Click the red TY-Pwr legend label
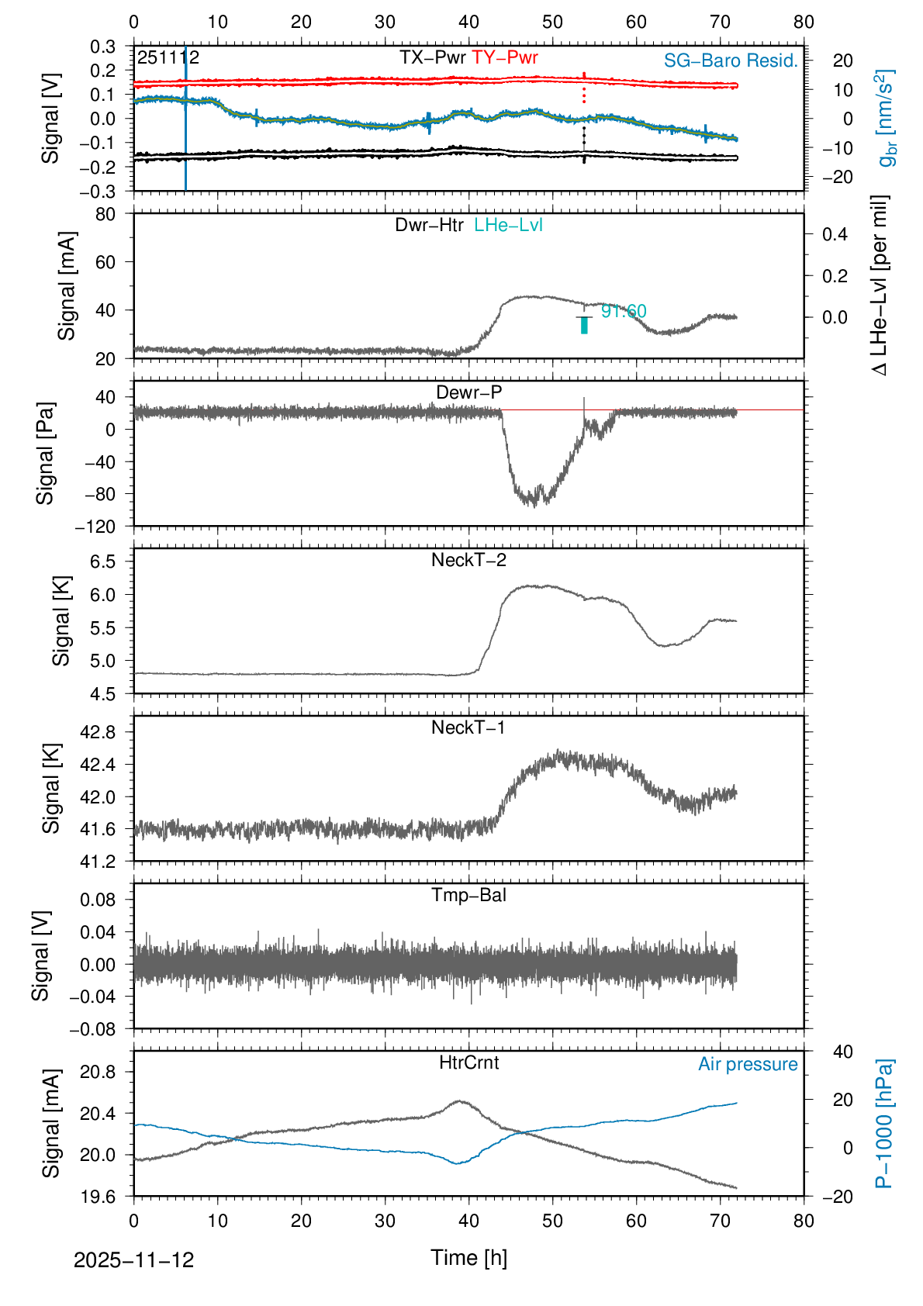[x=504, y=57]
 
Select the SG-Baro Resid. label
[x=731, y=61]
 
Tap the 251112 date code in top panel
[x=168, y=57]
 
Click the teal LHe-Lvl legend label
[x=508, y=225]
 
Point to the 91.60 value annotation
[x=624, y=312]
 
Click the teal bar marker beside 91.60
[x=584, y=326]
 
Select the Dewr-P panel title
[x=468, y=392]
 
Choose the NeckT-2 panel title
[x=468, y=560]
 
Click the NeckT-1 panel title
[x=468, y=727]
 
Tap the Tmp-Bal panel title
[x=468, y=895]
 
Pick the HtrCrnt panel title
[x=468, y=1062]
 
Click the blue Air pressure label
[x=748, y=1065]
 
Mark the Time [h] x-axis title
[x=468, y=1258]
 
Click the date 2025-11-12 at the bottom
[x=133, y=1260]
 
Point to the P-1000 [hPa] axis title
[x=883, y=1123]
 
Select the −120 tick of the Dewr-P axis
[x=95, y=527]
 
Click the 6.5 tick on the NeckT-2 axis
[x=102, y=561]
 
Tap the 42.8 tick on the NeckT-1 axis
[x=96, y=732]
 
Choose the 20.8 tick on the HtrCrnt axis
[x=96, y=1073]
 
